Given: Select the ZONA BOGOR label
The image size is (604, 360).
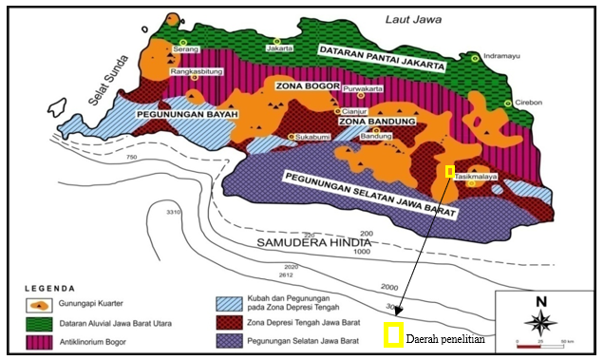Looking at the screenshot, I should pos(302,85).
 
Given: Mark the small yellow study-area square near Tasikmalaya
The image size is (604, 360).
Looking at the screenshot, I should pos(450,171).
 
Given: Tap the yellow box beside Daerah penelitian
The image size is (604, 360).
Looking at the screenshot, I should pos(393,334).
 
